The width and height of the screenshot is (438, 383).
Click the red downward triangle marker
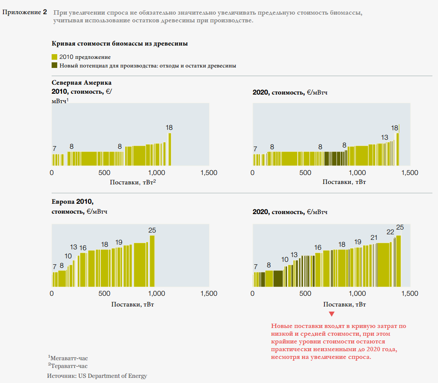(x=331, y=314)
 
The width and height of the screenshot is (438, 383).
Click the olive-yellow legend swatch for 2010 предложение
(x=54, y=57)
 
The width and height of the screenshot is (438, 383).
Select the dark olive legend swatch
(x=54, y=66)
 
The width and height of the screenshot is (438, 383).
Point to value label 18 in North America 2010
(x=169, y=128)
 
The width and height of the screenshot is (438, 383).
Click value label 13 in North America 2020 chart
(x=385, y=138)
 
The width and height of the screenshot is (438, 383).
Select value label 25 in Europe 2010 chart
(x=152, y=230)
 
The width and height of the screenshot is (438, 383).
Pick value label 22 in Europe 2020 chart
(x=390, y=232)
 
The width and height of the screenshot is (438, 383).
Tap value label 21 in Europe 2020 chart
(x=374, y=237)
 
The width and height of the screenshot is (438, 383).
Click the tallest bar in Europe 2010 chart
(x=152, y=260)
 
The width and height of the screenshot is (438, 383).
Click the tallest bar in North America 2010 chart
(x=170, y=149)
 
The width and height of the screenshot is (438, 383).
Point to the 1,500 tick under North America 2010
(x=209, y=172)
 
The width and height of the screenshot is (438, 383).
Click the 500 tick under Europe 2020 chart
(x=305, y=294)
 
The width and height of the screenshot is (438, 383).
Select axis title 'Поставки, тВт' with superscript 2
(x=133, y=182)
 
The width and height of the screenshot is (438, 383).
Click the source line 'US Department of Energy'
(x=97, y=376)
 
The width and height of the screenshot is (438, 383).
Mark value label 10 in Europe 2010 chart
(x=68, y=256)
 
